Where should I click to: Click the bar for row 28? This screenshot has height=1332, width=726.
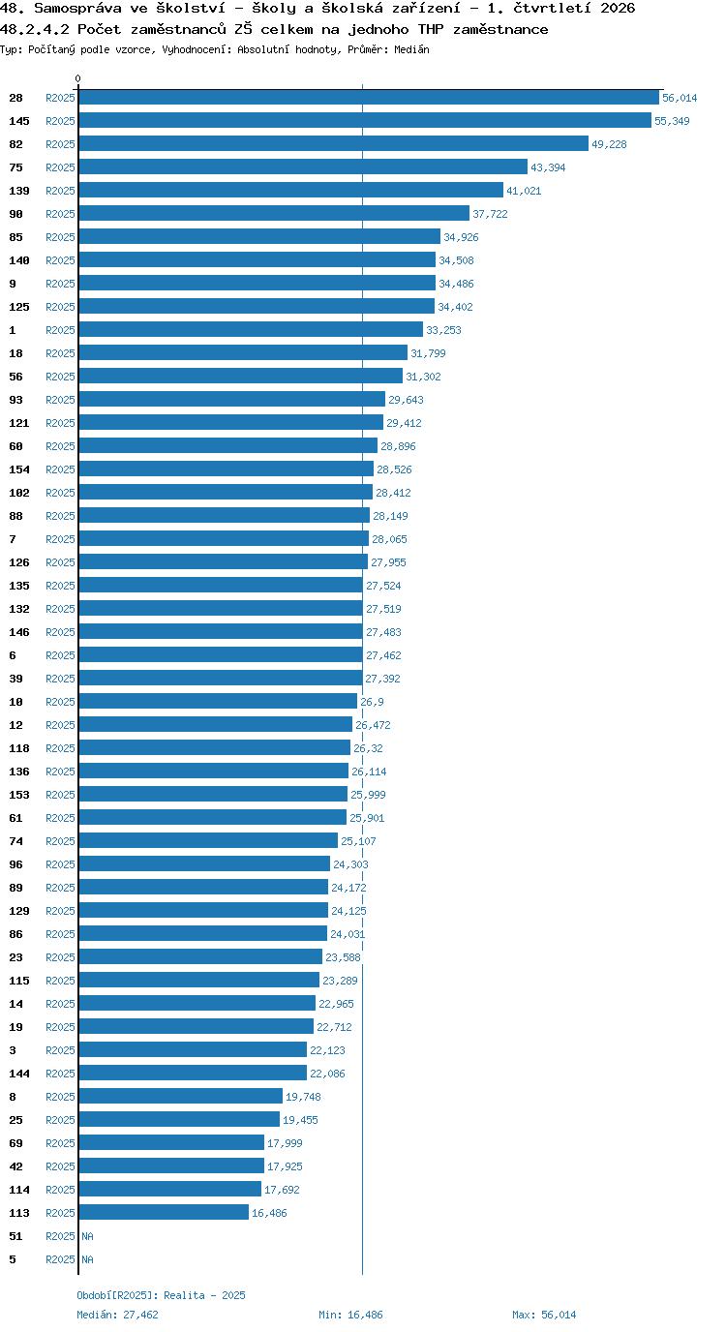tap(369, 98)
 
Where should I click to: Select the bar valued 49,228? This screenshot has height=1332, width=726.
tap(334, 144)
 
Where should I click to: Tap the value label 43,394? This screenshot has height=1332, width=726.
tap(548, 167)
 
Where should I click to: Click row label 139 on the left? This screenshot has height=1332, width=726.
tap(19, 191)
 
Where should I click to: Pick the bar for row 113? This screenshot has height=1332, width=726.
tap(164, 1213)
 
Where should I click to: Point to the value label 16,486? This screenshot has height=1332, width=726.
tap(269, 1213)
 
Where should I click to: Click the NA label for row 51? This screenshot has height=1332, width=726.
tap(87, 1236)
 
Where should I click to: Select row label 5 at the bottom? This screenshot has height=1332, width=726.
tap(13, 1259)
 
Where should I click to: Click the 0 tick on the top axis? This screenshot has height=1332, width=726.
tap(77, 78)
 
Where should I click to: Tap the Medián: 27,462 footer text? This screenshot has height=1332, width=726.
tap(117, 1315)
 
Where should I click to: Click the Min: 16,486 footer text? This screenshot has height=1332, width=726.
tap(350, 1315)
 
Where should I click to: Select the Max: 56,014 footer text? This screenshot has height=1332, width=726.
tap(543, 1315)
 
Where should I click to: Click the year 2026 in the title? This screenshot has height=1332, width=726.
tap(618, 9)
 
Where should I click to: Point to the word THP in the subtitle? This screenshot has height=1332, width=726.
tap(431, 29)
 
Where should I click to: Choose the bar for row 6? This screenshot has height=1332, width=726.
tap(221, 654)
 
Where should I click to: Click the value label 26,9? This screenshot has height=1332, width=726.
tap(372, 702)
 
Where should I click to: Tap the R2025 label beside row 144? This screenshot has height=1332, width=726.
tap(60, 1074)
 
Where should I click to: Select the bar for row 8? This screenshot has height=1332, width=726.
tap(181, 1096)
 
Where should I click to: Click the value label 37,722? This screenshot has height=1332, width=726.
tap(490, 214)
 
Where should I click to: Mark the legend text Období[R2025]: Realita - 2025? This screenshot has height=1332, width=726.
tap(161, 1295)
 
